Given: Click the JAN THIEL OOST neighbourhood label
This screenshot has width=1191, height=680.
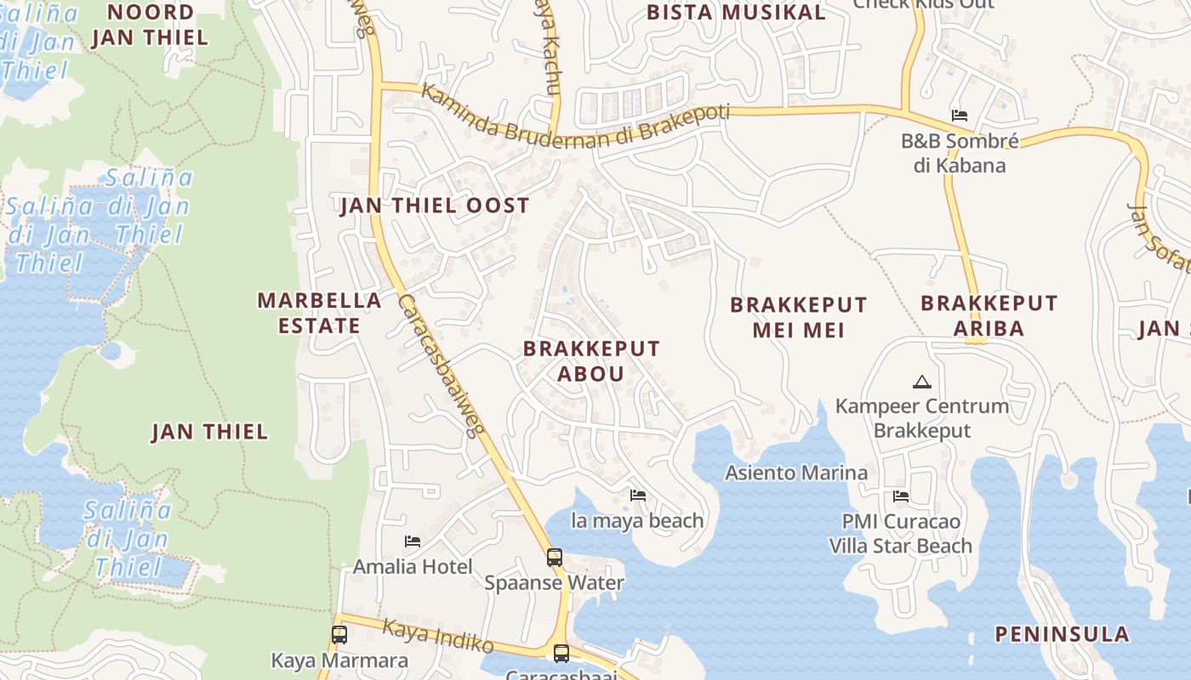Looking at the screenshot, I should [434, 206].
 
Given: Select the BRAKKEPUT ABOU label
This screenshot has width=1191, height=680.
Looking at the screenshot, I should [591, 360].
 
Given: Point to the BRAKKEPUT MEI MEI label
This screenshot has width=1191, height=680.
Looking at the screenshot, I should [799, 317].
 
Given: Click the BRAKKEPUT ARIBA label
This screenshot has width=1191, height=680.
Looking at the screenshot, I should [989, 315].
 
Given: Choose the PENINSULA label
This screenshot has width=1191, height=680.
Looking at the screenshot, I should [1062, 634].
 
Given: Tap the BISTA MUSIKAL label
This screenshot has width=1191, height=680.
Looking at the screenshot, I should [736, 13].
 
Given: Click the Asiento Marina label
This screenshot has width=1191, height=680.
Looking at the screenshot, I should [796, 473].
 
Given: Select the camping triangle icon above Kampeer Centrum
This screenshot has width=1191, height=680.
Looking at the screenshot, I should [921, 382].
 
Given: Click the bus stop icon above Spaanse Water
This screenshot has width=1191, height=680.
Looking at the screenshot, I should [555, 558].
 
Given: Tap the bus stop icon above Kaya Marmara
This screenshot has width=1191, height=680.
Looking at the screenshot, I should [339, 634].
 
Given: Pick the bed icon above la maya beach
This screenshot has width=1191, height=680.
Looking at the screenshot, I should [637, 496].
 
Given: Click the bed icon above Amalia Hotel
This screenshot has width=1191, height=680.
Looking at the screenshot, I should [413, 541].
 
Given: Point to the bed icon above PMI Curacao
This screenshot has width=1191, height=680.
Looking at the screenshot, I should [901, 496].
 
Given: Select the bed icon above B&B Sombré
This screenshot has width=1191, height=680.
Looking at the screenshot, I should [960, 116].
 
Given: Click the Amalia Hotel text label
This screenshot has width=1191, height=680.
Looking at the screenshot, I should [413, 566].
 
